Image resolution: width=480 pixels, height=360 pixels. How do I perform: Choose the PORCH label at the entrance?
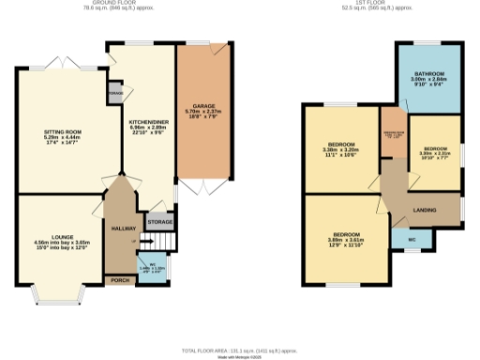coord(119,280)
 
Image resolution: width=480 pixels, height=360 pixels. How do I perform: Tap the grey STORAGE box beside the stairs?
coord(160,221)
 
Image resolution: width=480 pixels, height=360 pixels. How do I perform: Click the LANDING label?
coord(426,211)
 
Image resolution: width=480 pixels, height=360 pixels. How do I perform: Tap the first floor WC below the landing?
coord(412,241)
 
